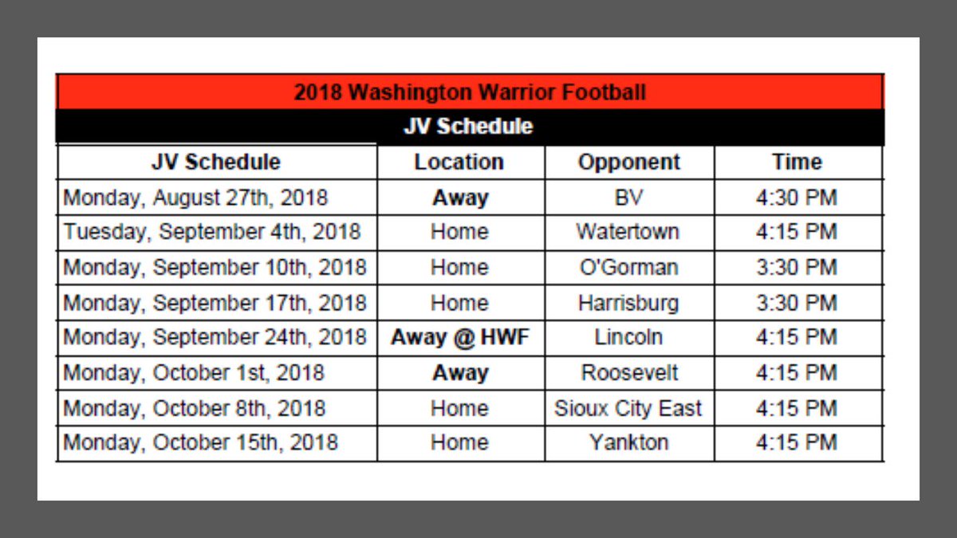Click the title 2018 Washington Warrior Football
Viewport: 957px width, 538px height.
coord(470,92)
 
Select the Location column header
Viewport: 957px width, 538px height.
coord(459,162)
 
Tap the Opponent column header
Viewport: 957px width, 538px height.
coord(629,162)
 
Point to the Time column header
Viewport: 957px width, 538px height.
coord(797,162)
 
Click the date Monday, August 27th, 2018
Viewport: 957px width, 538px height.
coord(195,197)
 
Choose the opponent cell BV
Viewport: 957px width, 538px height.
coord(629,197)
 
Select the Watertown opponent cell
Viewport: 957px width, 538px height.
coord(628,232)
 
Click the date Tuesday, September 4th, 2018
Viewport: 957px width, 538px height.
coord(212,232)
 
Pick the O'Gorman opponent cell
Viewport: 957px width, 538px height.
coord(628,267)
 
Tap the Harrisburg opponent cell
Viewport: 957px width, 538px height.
coord(628,303)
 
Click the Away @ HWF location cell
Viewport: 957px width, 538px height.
coord(460,337)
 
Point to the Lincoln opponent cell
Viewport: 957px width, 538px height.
coord(628,337)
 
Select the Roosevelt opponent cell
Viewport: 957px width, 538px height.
coord(629,372)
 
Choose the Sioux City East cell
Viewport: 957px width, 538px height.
coord(628,408)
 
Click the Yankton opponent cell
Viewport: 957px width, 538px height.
coord(629,442)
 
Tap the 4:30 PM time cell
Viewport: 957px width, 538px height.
coord(797,197)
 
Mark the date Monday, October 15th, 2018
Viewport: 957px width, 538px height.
coord(200,442)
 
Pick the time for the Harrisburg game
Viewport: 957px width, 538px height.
coord(797,303)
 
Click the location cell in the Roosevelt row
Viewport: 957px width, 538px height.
coord(460,372)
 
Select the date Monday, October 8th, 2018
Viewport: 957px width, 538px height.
coord(195,408)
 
